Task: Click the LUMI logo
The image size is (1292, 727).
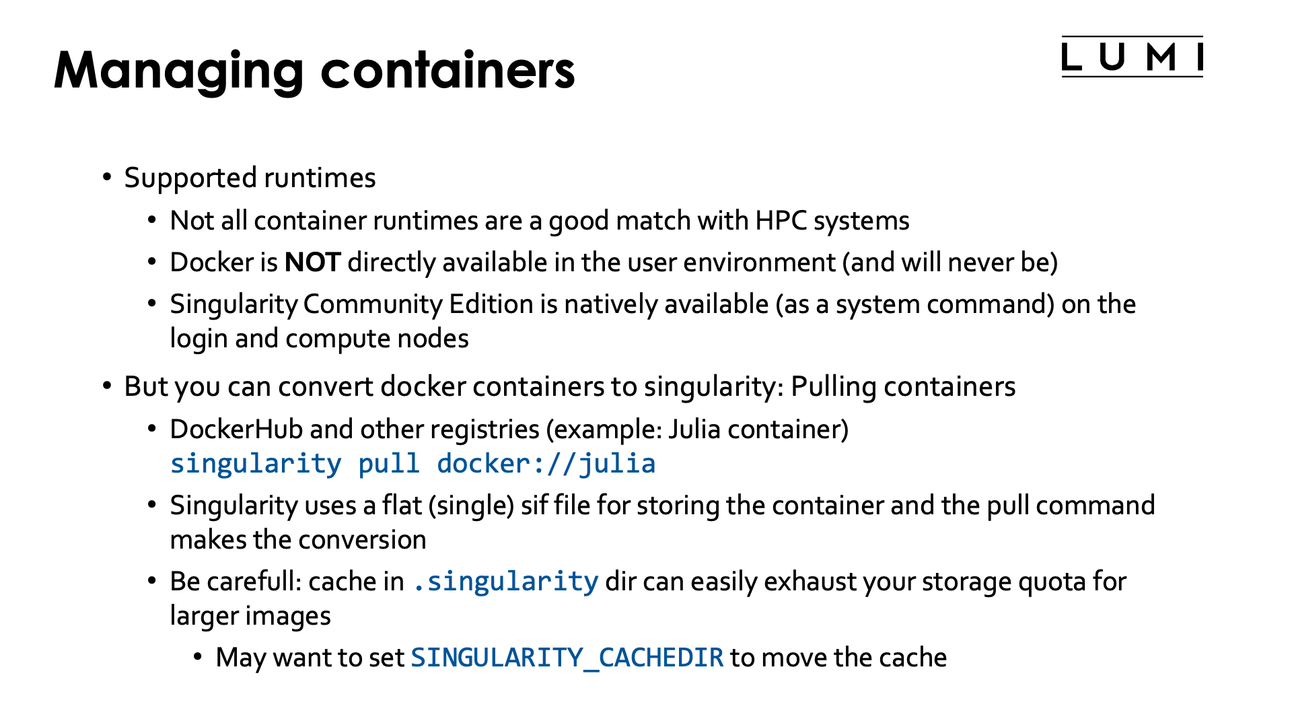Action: [x=1132, y=57]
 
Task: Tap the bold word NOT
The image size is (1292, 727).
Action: [x=313, y=263]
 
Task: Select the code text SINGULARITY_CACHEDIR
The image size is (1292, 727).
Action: [x=567, y=658]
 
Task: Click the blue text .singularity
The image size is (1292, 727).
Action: [x=505, y=582]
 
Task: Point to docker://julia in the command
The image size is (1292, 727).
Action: [x=546, y=464]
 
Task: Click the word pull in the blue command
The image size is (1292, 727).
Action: [x=388, y=464]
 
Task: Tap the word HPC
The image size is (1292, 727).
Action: [x=781, y=221]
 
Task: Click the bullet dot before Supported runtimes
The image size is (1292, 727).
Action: [x=107, y=178]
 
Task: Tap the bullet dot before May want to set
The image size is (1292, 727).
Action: [x=198, y=657]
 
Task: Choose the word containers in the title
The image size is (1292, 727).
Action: [x=447, y=71]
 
